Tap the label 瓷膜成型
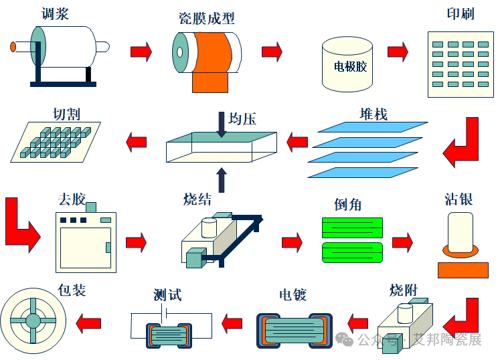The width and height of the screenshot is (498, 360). [x=207, y=18]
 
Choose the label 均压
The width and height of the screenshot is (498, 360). [x=242, y=119]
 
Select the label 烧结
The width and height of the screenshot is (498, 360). [x=198, y=199]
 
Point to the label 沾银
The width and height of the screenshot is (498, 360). [x=459, y=199]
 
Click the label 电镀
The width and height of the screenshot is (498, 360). [x=293, y=294]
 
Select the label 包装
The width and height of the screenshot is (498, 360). [x=72, y=290]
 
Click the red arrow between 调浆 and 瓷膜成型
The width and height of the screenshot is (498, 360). [x=141, y=52]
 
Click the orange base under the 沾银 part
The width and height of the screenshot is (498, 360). [x=463, y=270]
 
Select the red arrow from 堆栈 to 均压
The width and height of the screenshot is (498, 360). [x=297, y=141]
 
